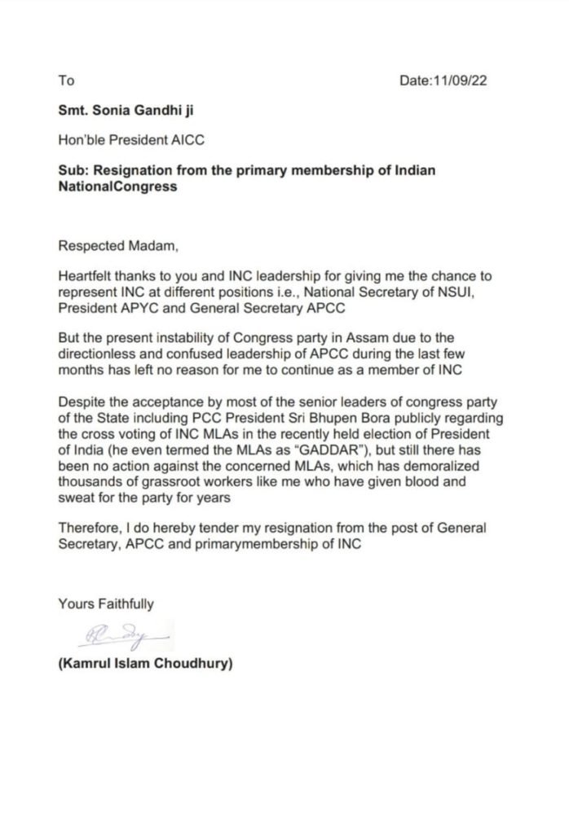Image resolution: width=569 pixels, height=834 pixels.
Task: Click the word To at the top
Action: [x=66, y=80]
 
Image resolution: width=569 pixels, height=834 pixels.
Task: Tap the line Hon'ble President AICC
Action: [x=130, y=139]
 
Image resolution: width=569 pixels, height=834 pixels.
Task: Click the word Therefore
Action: [x=86, y=528]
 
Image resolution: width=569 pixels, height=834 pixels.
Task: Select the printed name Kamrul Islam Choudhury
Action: [x=145, y=664]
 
